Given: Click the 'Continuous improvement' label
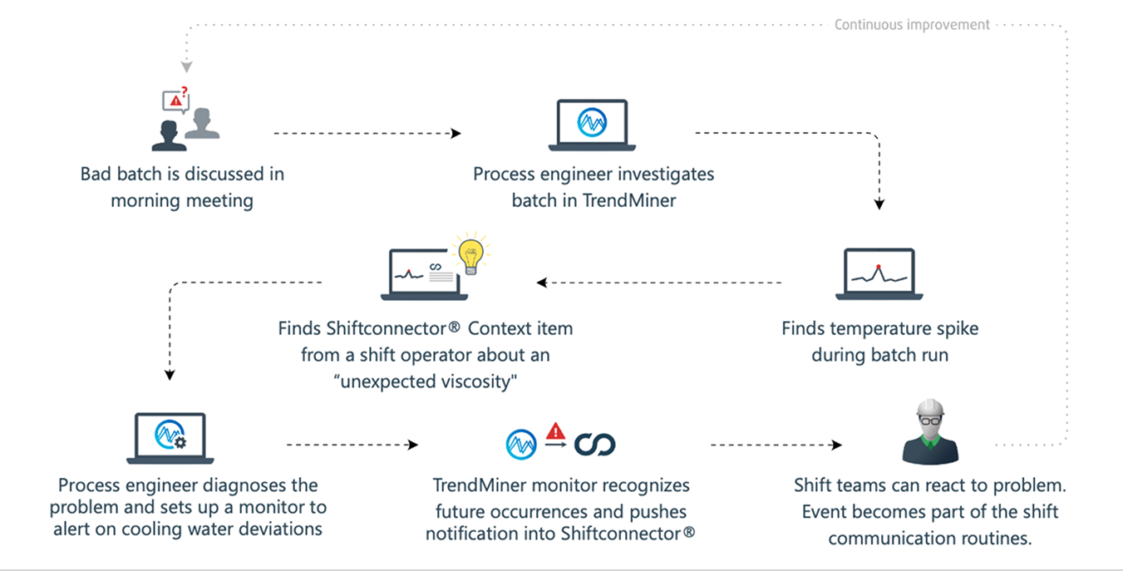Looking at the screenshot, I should click(912, 24).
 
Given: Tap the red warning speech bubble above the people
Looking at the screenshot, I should click(175, 101).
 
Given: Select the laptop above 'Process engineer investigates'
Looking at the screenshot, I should click(592, 125).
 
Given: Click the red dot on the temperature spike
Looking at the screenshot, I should click(878, 268).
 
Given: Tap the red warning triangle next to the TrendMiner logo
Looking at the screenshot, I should click(555, 431).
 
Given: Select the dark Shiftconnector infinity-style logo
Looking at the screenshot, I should click(595, 445).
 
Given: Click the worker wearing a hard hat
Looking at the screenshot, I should click(930, 432).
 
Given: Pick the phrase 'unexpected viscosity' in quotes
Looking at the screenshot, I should click(426, 381).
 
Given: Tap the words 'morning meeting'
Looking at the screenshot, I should click(182, 200).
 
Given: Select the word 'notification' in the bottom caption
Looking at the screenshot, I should click(475, 533).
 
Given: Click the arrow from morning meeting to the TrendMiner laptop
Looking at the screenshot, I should click(367, 133).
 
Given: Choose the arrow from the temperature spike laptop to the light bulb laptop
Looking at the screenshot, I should click(661, 283).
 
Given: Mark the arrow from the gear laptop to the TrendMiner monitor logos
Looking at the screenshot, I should click(352, 445).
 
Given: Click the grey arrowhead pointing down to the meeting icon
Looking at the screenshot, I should click(186, 66).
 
